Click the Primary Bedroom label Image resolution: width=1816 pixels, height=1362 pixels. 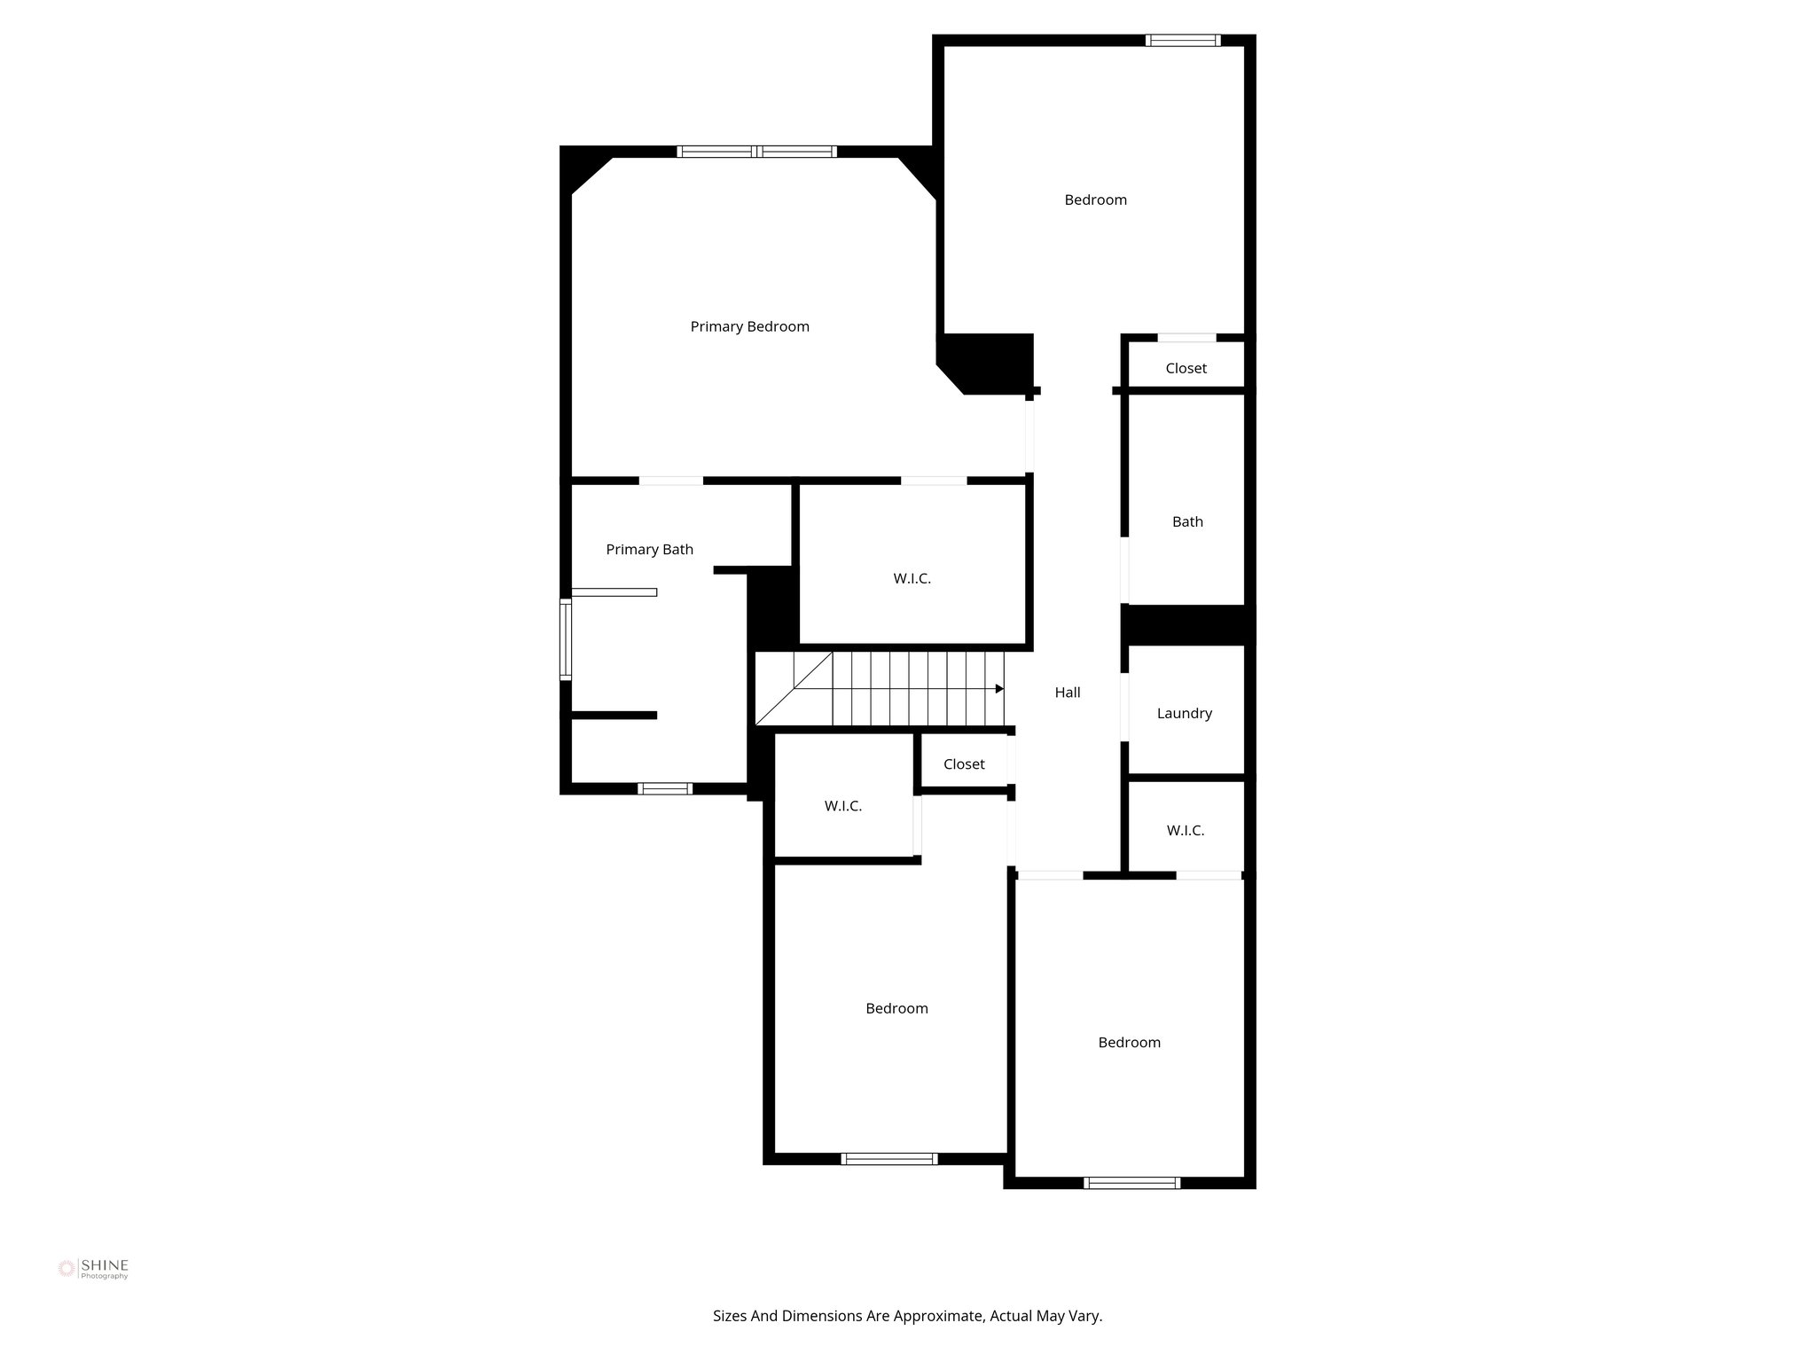click(x=749, y=326)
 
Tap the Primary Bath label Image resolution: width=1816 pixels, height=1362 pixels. click(x=649, y=550)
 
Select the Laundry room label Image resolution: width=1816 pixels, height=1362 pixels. click(x=1184, y=713)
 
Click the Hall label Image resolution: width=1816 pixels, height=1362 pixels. click(x=1067, y=693)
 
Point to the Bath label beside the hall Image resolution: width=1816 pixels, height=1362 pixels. click(x=1187, y=521)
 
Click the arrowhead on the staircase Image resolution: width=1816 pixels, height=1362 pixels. click(x=999, y=689)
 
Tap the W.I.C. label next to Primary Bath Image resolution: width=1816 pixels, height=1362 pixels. click(x=912, y=579)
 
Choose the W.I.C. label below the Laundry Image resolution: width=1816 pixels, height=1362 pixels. click(x=1185, y=831)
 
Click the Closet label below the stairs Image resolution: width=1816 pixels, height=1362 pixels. click(x=964, y=764)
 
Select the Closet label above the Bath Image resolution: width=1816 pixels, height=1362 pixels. click(x=1186, y=368)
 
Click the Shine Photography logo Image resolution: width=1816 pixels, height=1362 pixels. click(x=93, y=1269)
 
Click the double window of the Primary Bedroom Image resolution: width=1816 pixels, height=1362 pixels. click(x=756, y=152)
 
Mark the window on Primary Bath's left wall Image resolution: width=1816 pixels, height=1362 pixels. click(x=565, y=639)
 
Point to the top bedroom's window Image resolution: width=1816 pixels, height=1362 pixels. click(x=1182, y=40)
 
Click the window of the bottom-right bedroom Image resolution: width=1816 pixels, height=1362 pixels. click(x=1131, y=1182)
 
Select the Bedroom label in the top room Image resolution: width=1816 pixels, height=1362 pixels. click(x=1095, y=200)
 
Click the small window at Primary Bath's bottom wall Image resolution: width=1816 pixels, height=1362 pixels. click(x=665, y=788)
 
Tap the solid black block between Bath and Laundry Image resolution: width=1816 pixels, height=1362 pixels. click(x=1186, y=624)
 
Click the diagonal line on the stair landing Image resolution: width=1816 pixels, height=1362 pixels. click(x=794, y=689)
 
